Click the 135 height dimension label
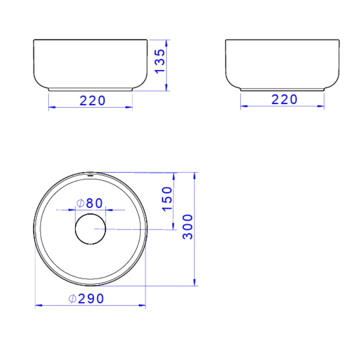coord(160,61)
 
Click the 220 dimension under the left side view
coord(93,100)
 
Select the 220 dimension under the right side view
coord(284,99)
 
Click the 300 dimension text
coord(188,226)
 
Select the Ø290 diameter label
coord(86,299)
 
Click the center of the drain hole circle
coord(90,229)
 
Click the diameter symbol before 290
coord(72,299)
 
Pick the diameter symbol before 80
coord(81,203)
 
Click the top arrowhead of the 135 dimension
coord(167,42)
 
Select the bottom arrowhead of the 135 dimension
coord(167,88)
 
